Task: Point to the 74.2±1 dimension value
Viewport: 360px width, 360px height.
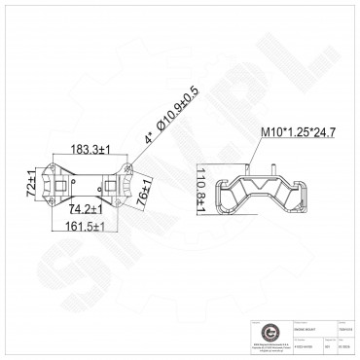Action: tap(88, 209)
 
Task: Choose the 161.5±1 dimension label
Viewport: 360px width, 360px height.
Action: tap(85, 226)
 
